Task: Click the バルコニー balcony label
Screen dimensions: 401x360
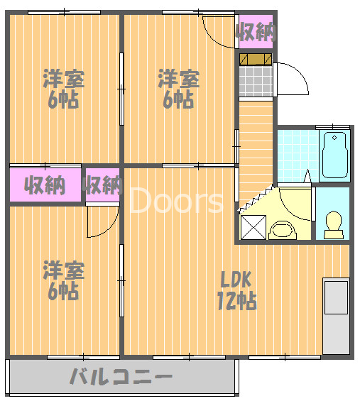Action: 121,377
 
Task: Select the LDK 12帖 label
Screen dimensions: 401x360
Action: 236,290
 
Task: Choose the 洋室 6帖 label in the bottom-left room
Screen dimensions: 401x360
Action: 63,280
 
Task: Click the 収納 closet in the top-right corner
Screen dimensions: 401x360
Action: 255,31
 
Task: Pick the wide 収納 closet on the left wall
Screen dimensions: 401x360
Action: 45,185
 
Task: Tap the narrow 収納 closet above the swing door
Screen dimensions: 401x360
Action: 102,185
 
